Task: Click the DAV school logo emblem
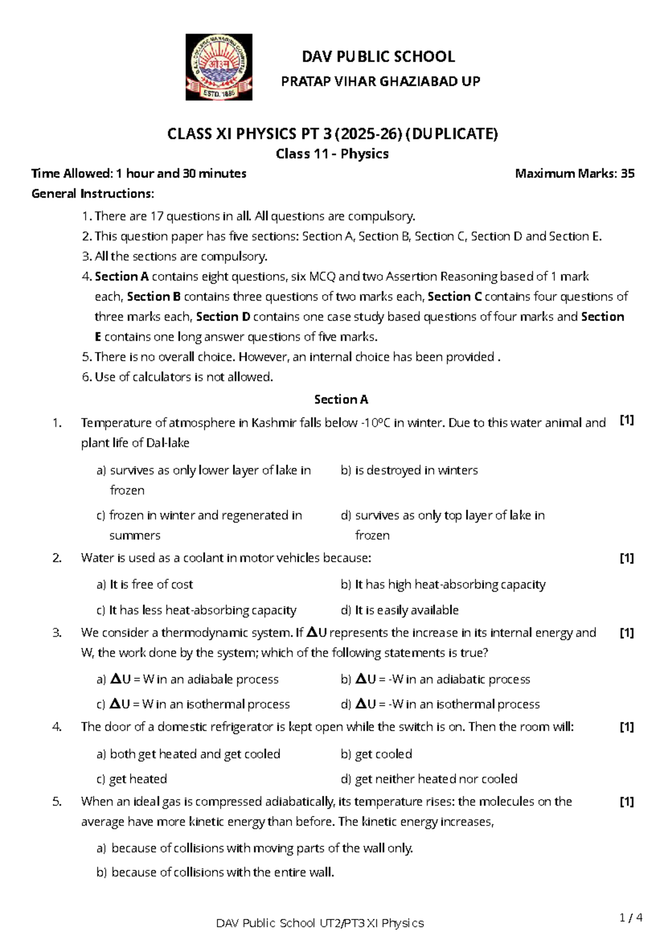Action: [219, 67]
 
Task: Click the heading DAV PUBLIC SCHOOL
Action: [378, 56]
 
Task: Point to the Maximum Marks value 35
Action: [627, 173]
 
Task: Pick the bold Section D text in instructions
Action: [223, 317]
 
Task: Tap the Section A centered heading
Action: [341, 399]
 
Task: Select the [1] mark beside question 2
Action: [626, 558]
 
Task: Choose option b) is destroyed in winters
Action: [409, 470]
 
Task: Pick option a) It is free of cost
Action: [145, 584]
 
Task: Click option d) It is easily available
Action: [400, 610]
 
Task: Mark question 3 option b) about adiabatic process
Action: [435, 679]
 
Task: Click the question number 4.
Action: [57, 727]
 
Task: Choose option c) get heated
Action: [132, 779]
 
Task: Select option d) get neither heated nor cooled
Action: [429, 779]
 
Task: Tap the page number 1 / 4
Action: [631, 918]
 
